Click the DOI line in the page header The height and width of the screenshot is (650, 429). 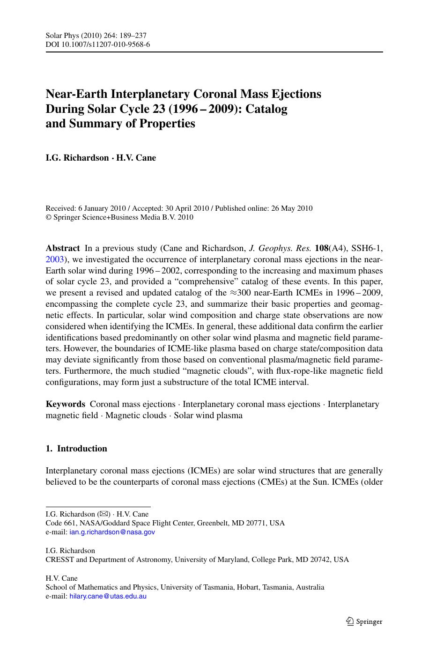click(97, 44)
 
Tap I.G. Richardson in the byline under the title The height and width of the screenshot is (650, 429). click(77, 158)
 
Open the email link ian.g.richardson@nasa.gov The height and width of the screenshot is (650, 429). click(112, 532)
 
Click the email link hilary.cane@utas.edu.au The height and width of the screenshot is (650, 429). click(108, 596)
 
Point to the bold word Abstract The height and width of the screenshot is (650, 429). click(63, 248)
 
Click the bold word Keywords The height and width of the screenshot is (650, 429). click(65, 404)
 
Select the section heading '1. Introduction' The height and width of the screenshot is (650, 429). click(76, 449)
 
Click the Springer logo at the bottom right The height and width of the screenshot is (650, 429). click(364, 621)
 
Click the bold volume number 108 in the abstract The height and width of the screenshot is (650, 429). click(322, 248)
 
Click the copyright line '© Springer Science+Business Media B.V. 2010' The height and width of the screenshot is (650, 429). click(119, 217)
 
